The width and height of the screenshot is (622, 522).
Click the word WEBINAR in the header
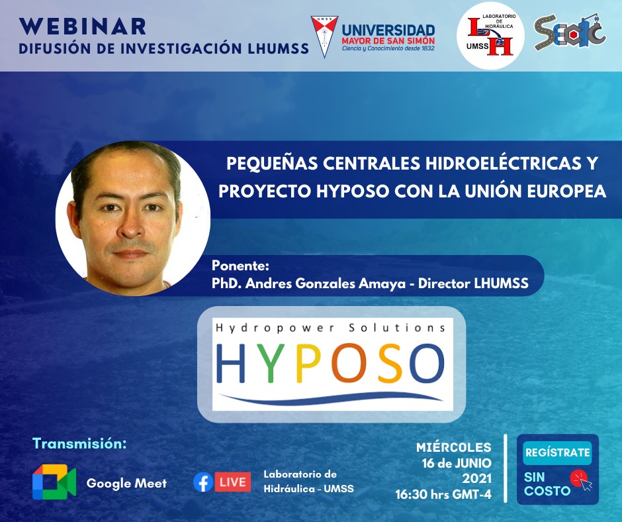[x=83, y=26]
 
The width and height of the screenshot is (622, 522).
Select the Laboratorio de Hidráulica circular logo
[x=490, y=36]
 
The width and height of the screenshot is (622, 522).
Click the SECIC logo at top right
[x=570, y=32]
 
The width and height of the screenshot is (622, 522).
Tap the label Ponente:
[x=240, y=265]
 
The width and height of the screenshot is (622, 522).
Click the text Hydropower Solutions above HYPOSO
[x=330, y=328]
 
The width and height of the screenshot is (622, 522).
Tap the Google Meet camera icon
[x=54, y=482]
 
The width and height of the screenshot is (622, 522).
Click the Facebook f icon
[x=203, y=482]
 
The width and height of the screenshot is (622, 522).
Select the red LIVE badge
[x=233, y=482]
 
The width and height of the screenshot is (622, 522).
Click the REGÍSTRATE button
[x=557, y=452]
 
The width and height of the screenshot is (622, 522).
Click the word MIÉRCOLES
[x=454, y=447]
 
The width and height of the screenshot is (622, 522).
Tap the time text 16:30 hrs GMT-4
[x=443, y=494]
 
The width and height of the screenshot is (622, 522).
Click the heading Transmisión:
[x=79, y=443]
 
